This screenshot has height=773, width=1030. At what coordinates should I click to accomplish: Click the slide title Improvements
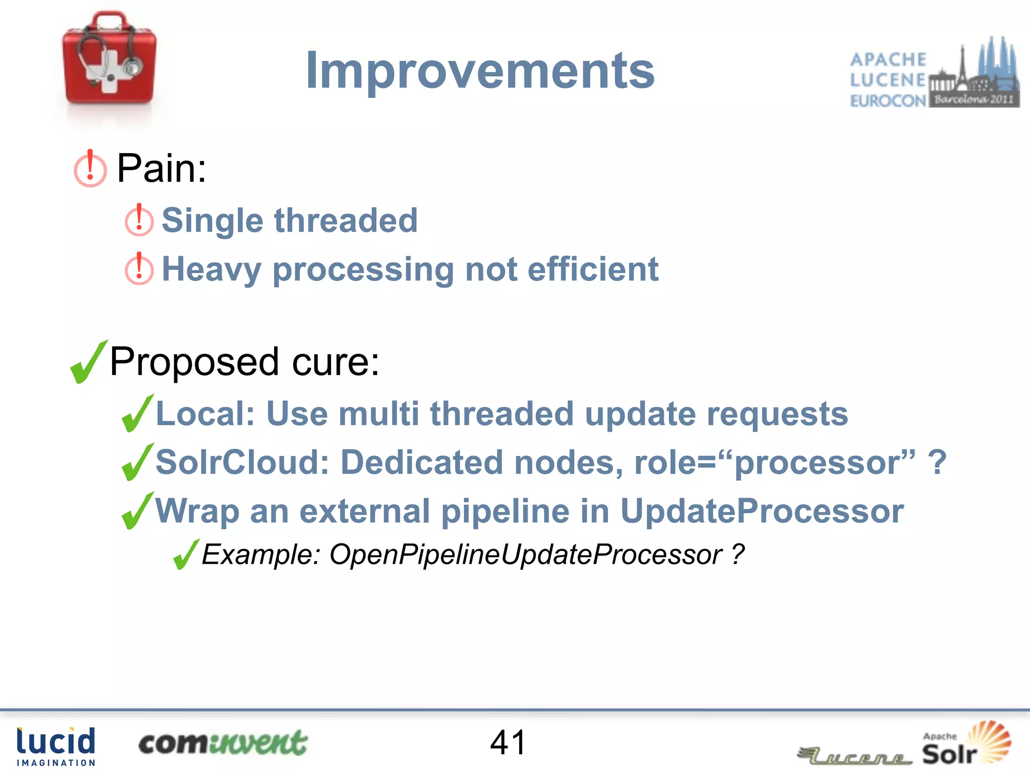pos(480,71)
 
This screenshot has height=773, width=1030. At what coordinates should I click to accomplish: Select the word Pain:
pos(161,169)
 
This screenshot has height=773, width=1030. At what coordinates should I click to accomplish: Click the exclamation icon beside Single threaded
pos(139,220)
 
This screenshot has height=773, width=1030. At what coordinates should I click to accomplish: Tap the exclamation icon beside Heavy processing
pos(139,269)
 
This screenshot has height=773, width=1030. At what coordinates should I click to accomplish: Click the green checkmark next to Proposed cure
pos(89,362)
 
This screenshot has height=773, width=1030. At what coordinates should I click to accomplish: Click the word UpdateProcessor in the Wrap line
pos(761,511)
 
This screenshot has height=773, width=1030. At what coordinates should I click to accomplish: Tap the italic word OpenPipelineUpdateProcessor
pos(526,555)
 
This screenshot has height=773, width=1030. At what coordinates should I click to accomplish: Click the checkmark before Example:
pos(186,554)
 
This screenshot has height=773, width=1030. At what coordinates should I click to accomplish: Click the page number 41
pos(508,742)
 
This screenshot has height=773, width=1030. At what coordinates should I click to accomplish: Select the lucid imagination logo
pos(56,746)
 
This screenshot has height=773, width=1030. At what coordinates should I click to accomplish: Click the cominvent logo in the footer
pos(222,743)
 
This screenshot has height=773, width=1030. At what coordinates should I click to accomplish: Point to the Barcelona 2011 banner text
pos(974,99)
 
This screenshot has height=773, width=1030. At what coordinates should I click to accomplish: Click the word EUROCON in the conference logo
pos(888,101)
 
